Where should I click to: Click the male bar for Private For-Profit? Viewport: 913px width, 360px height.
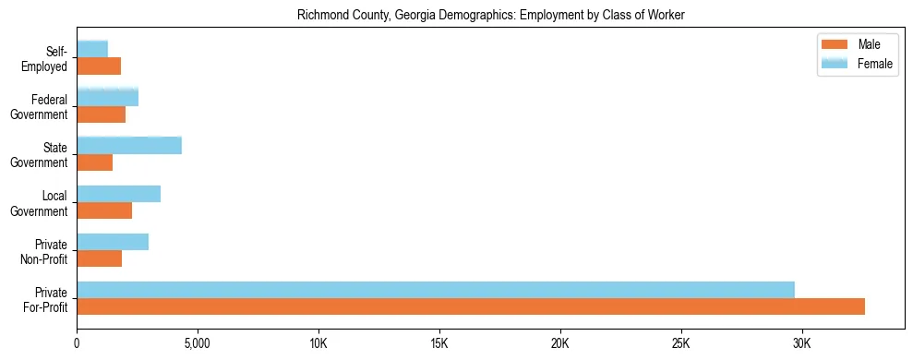tap(471, 306)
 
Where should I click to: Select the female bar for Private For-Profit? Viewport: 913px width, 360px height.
tap(436, 290)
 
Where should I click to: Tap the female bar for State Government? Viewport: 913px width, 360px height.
tap(129, 145)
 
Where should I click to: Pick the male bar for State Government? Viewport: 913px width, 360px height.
tap(95, 162)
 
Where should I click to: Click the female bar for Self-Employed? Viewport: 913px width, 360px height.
tap(92, 49)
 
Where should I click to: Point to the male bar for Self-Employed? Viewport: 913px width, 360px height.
tap(99, 66)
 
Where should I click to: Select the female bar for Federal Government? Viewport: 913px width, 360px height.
tap(108, 97)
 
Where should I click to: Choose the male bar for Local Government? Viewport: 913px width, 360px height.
tap(104, 210)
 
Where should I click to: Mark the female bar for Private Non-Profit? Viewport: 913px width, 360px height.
tap(113, 242)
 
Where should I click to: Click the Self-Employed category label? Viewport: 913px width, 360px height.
tap(45, 58)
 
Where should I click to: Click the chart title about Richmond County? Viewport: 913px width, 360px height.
tap(490, 16)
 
